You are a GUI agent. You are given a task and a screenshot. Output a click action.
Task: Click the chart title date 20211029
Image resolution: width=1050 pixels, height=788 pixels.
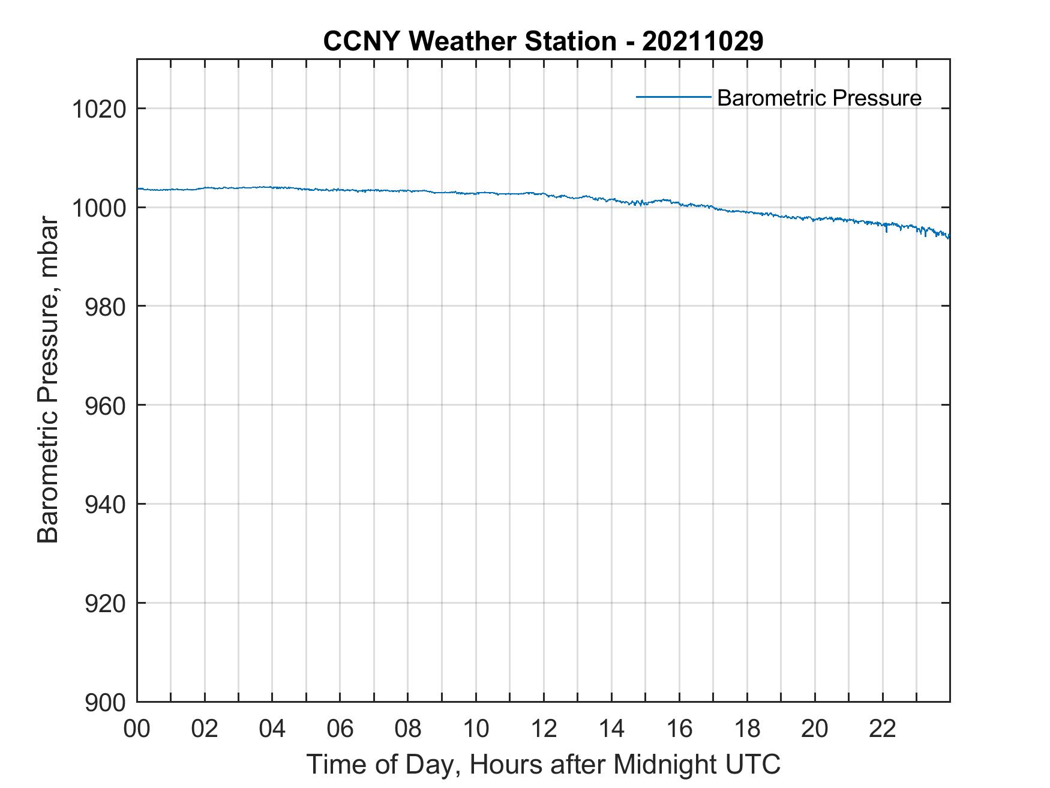point(703,41)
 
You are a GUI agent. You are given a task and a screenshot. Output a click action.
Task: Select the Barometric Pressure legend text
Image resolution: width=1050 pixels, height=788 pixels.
point(819,98)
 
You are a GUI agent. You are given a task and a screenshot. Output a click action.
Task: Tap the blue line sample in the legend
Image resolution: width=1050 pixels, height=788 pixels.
point(673,97)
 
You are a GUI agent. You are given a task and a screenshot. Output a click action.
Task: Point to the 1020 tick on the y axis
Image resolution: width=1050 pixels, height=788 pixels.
point(98,110)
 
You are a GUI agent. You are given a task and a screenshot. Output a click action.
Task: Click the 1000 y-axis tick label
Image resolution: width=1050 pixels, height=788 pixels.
point(98,209)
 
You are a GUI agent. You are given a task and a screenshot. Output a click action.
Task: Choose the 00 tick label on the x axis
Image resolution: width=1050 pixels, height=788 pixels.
point(137,729)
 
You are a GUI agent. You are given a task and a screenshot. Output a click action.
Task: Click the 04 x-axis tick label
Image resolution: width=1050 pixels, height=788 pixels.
point(272,729)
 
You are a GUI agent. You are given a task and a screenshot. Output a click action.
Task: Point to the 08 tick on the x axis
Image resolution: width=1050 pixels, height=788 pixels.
point(408,729)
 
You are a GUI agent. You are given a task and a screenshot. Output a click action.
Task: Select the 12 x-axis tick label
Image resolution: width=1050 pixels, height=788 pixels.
point(544,729)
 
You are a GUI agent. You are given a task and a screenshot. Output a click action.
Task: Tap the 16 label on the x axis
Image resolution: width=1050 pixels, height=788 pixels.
point(679,729)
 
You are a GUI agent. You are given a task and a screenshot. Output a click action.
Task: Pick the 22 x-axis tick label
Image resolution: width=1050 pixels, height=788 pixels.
point(883,729)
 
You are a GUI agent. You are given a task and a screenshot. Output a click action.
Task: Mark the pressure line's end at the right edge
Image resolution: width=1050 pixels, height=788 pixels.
point(949,237)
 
